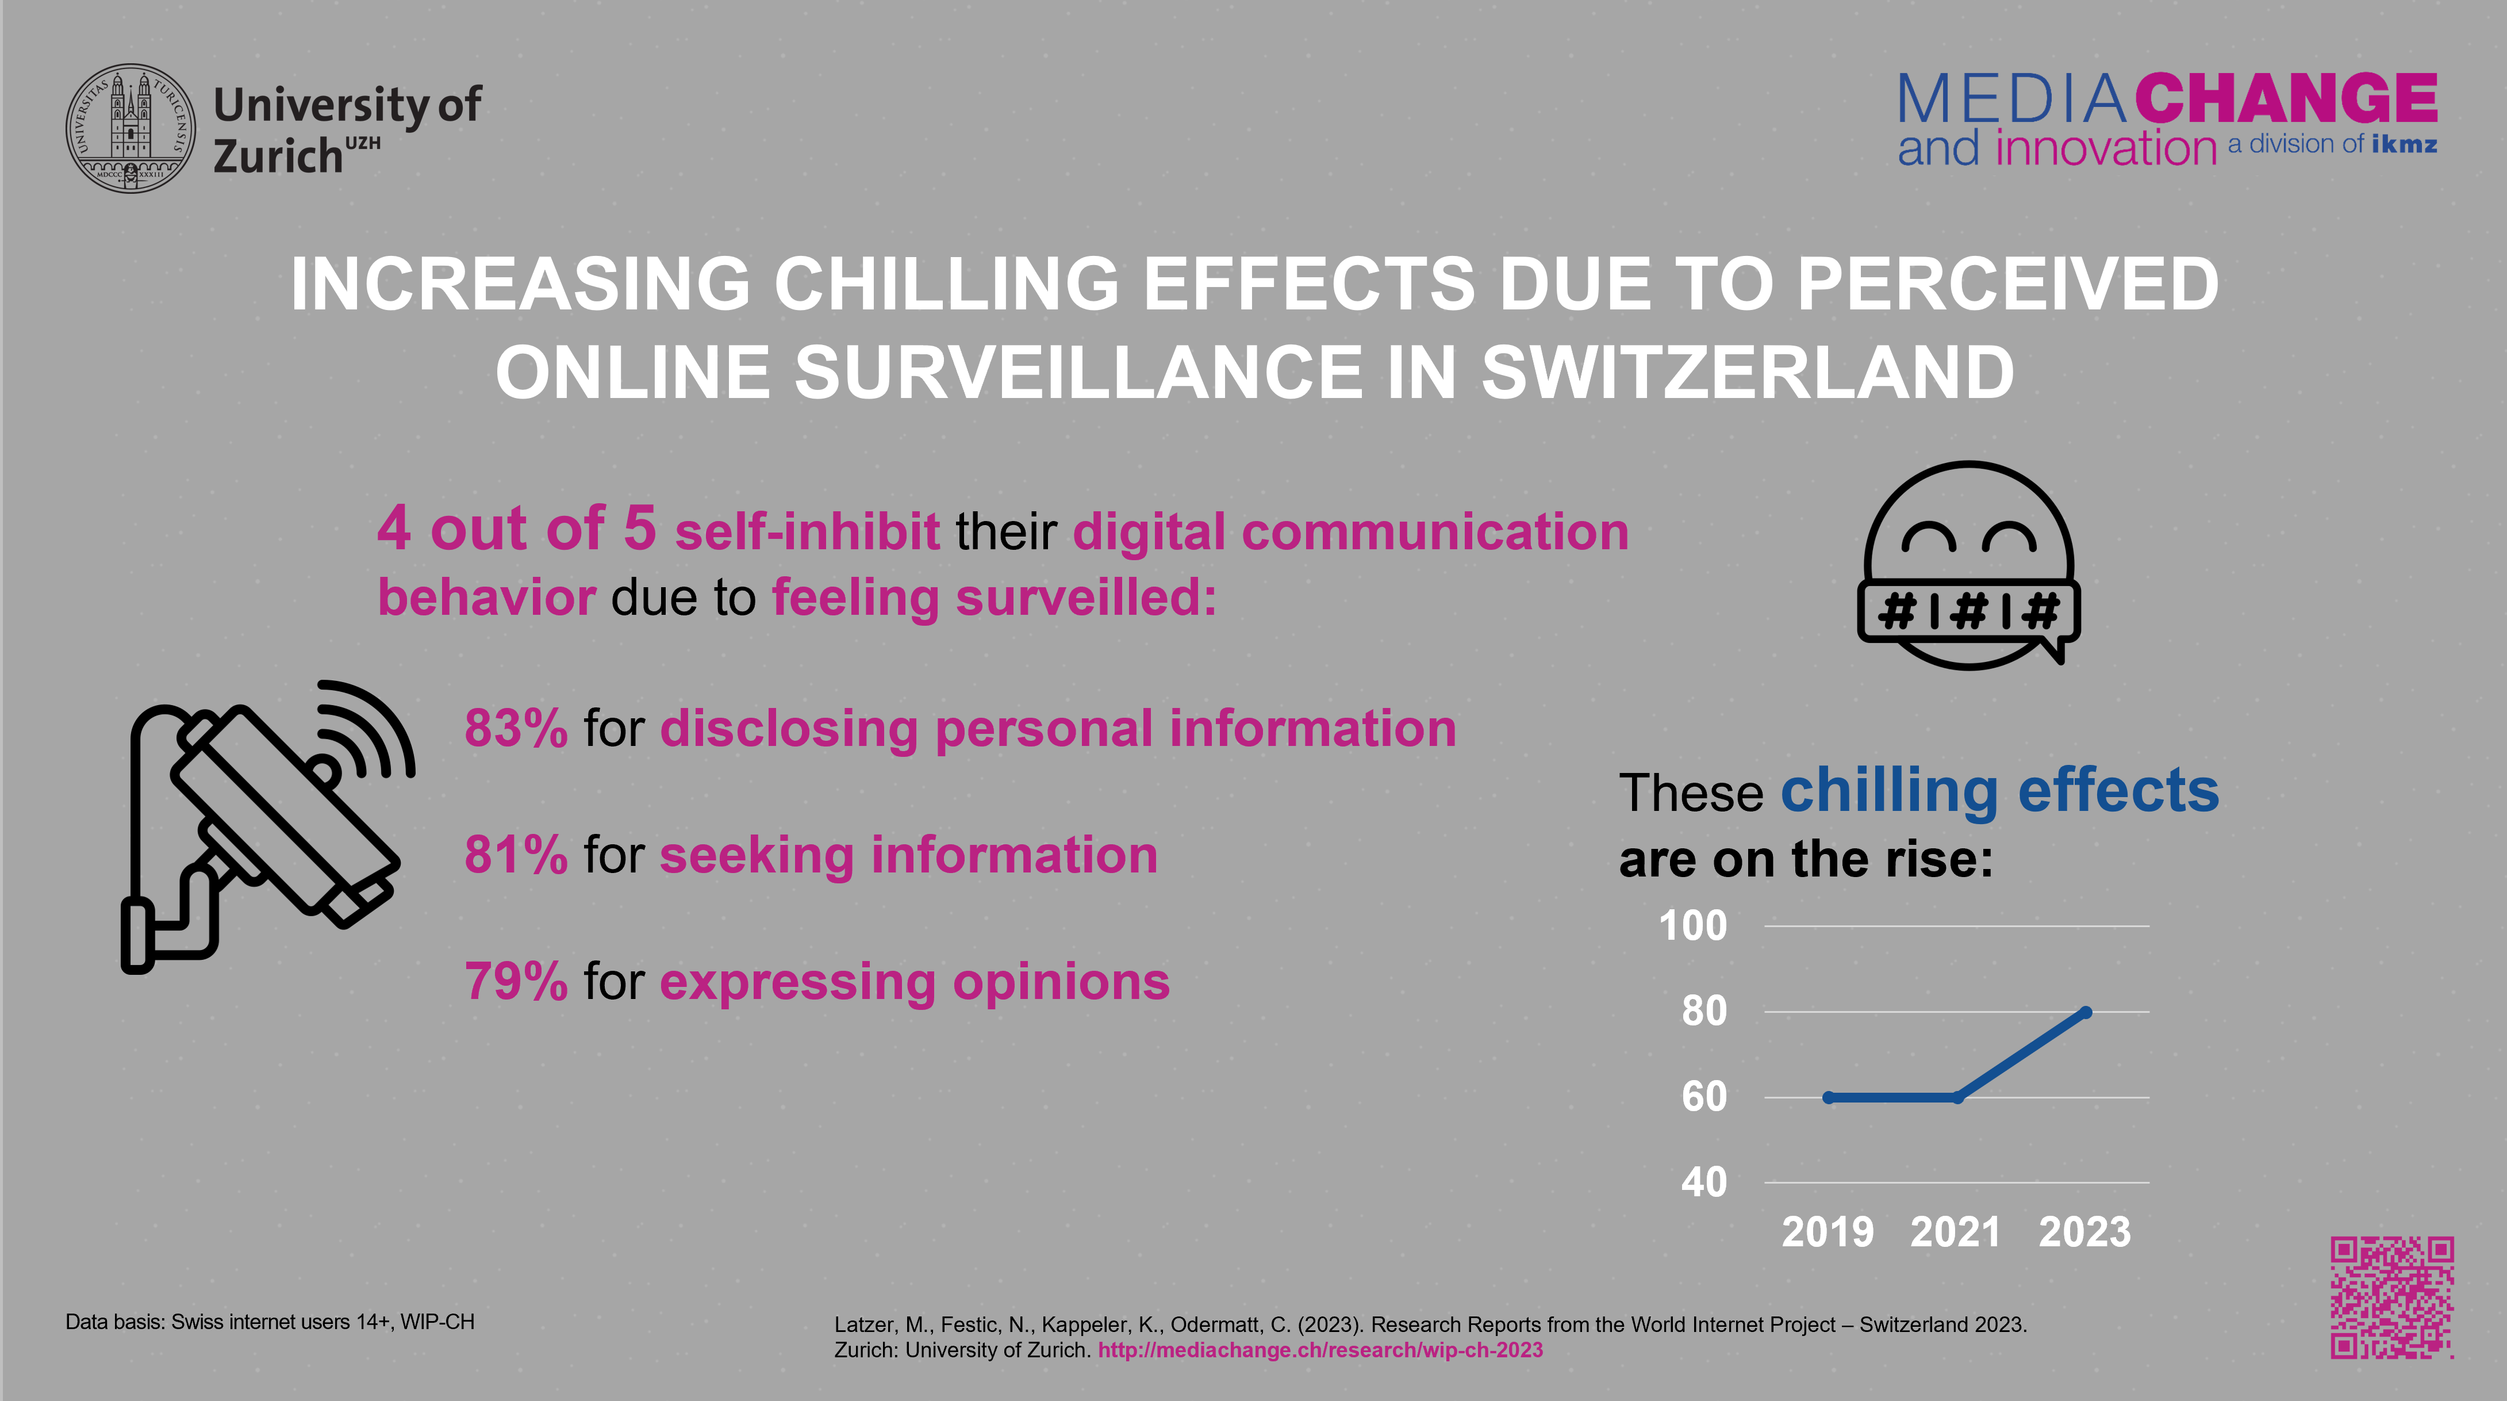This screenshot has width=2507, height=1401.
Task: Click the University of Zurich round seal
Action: (x=130, y=128)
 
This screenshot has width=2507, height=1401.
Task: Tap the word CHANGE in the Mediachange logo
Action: (x=2286, y=98)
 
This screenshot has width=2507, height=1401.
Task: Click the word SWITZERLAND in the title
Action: (x=1747, y=373)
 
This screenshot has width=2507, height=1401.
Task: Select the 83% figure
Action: (x=516, y=728)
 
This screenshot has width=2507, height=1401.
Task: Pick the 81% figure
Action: (x=516, y=855)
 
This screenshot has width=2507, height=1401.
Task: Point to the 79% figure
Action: (x=516, y=981)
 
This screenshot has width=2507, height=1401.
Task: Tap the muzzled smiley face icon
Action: (x=1968, y=565)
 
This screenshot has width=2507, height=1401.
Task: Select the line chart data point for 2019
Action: (x=1829, y=1097)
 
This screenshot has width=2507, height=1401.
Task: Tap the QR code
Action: (x=2391, y=1298)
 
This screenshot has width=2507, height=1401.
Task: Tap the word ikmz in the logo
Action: (x=2404, y=145)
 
